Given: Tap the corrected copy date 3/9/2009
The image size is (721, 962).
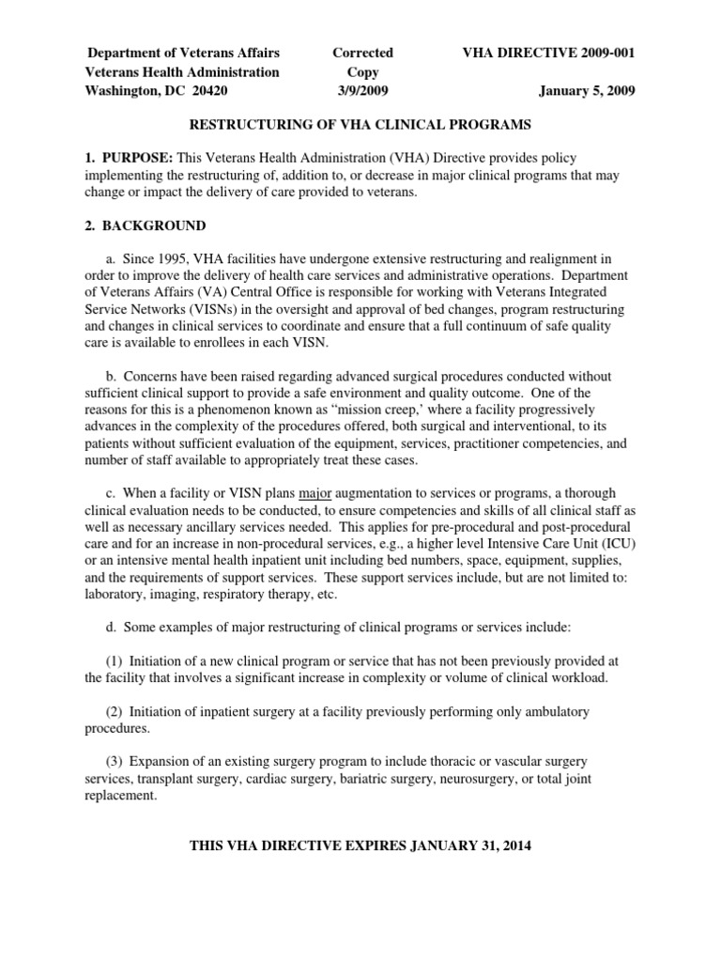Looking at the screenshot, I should tap(362, 91).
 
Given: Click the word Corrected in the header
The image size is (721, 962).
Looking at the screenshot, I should tap(362, 53).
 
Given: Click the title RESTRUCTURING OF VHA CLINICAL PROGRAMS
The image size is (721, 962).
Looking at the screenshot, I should tap(360, 124).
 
